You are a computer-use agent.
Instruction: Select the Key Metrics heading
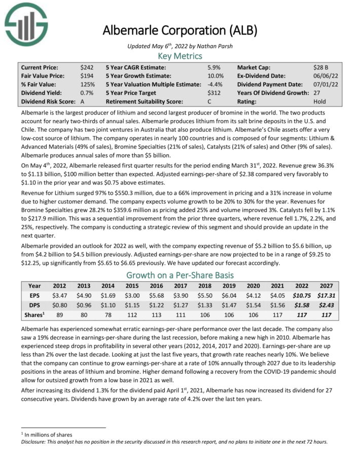(180, 56)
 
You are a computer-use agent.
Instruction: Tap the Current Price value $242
(87, 67)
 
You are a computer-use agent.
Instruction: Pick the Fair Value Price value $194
(87, 76)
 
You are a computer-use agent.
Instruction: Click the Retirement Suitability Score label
(143, 101)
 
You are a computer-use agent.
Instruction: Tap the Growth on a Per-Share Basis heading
(180, 275)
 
